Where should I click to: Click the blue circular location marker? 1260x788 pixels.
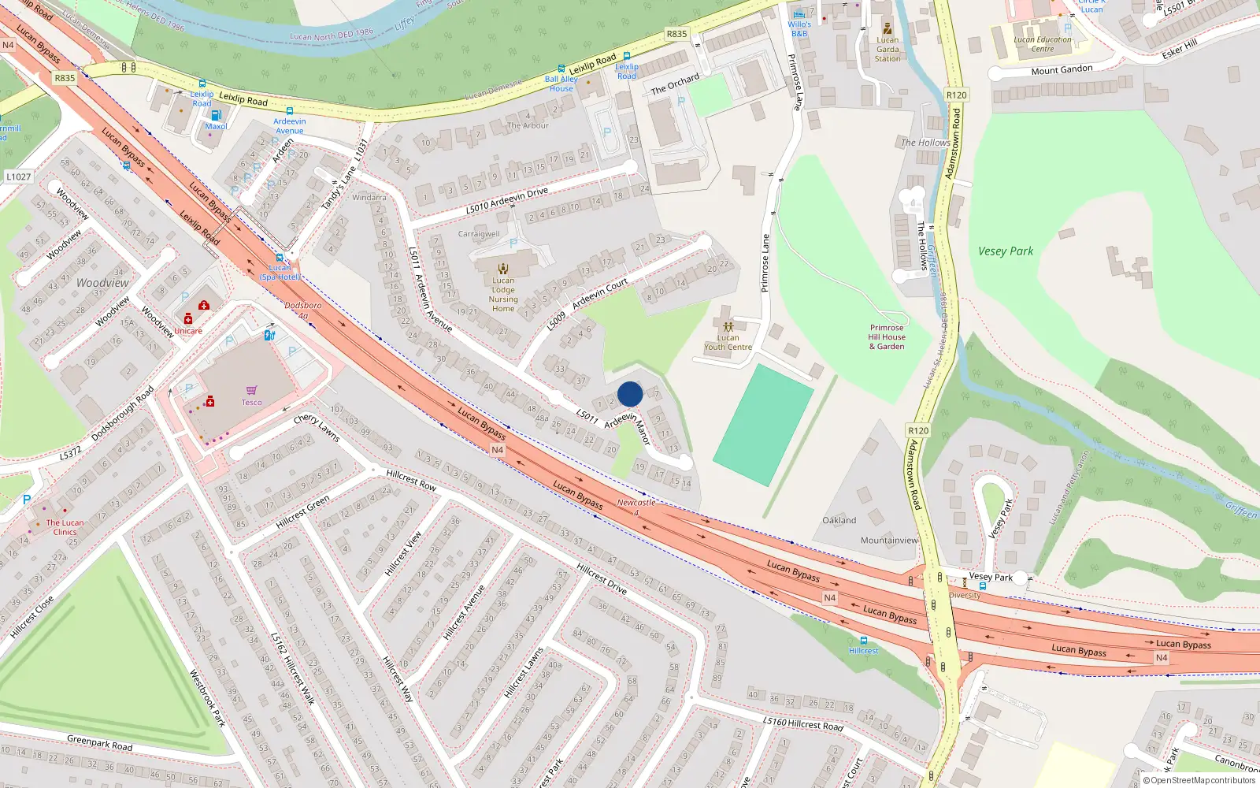point(630,394)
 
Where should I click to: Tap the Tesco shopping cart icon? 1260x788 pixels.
point(251,391)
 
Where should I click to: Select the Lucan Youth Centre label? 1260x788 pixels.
point(728,342)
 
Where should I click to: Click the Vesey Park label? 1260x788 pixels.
point(1006,251)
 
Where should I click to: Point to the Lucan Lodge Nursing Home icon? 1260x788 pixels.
point(503,269)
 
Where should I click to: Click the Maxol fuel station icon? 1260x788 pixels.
point(216,115)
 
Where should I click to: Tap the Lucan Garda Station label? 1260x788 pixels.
point(888,49)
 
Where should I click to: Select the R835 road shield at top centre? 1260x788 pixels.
point(676,34)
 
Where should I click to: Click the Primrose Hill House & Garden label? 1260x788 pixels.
point(887,337)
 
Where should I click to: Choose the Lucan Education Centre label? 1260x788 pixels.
point(1043,44)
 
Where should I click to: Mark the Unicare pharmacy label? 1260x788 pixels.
point(188,331)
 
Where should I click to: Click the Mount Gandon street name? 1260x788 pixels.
point(1062,70)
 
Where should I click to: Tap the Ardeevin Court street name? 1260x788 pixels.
point(600,293)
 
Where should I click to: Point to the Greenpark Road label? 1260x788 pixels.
point(99,742)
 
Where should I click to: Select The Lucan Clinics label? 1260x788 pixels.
point(65,527)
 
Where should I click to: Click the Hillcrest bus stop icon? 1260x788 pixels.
point(864,641)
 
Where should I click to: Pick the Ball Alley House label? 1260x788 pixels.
point(561,84)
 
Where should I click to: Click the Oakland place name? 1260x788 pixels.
point(839,520)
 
